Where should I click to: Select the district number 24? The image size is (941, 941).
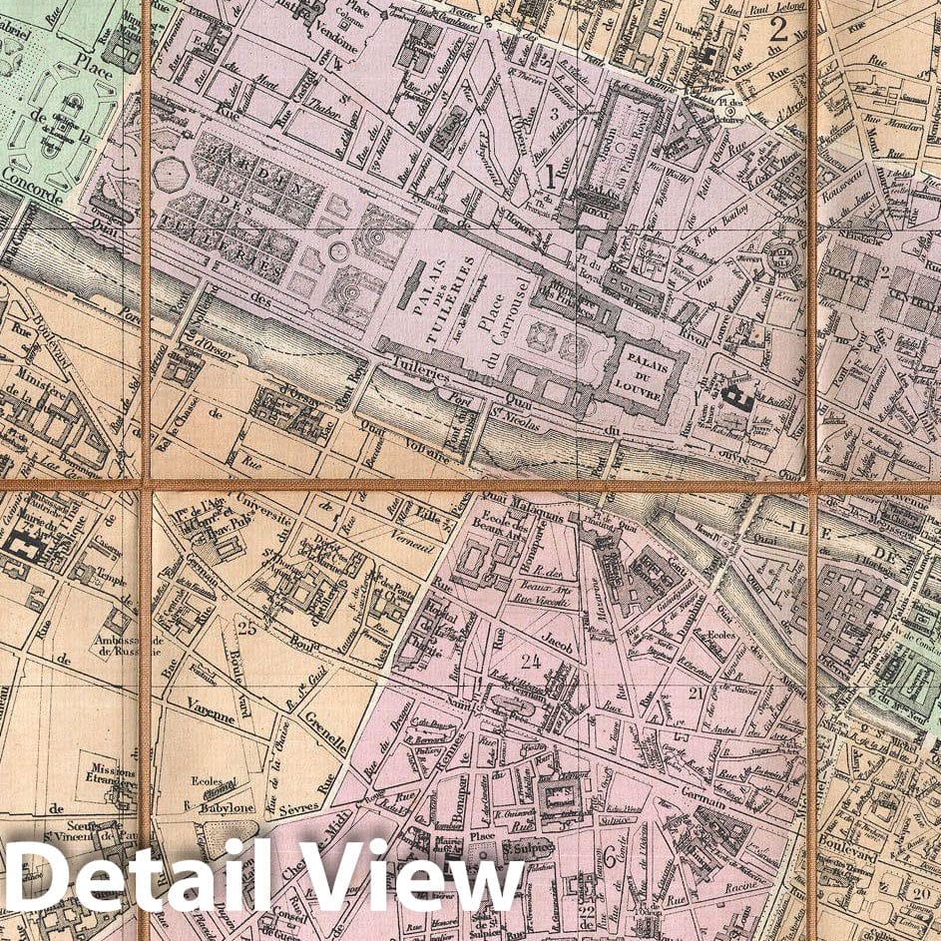click(x=530, y=660)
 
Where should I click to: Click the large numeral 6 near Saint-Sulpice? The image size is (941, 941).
click(x=608, y=855)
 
